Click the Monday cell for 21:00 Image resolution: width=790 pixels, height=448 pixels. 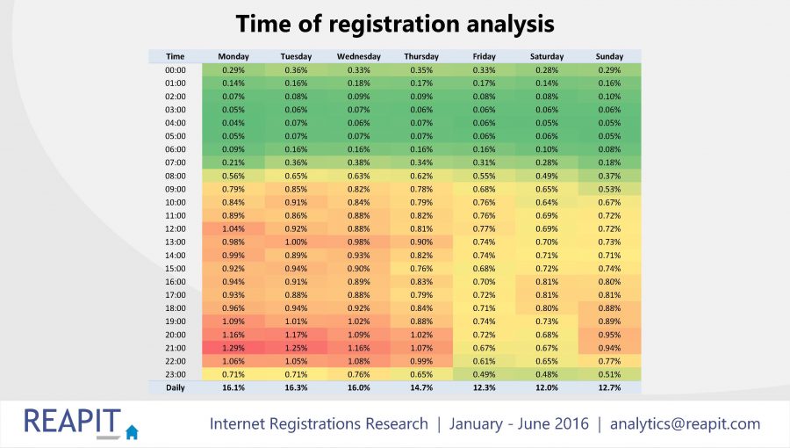click(x=233, y=348)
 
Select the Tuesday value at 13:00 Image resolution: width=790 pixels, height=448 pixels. click(x=296, y=242)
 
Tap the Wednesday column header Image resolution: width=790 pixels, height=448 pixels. click(x=359, y=56)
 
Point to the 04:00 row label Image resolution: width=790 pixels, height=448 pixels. click(x=175, y=123)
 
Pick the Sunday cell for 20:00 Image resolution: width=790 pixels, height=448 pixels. click(x=610, y=335)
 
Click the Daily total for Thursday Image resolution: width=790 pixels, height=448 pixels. click(x=421, y=387)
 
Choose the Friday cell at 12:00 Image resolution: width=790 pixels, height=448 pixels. click(x=485, y=228)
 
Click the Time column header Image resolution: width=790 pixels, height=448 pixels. click(x=175, y=56)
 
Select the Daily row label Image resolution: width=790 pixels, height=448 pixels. click(x=175, y=387)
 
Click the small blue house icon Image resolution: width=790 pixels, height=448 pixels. click(x=132, y=431)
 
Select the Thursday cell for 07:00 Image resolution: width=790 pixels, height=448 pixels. click(x=421, y=163)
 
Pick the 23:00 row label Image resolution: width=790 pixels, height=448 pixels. click(x=175, y=374)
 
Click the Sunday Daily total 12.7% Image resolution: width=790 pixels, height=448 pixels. click(x=610, y=387)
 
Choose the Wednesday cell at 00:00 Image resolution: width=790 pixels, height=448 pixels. click(x=359, y=69)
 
